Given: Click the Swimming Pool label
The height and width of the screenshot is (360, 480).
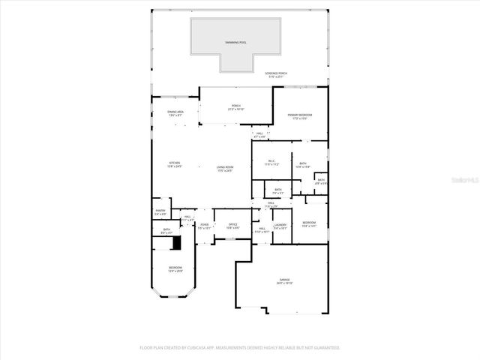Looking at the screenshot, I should [x=235, y=43].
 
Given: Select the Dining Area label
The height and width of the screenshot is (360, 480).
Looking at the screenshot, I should [x=175, y=113].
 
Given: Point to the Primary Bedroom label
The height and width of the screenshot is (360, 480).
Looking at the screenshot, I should [x=299, y=116].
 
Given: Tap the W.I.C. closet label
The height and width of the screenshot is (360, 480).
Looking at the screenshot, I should [x=271, y=162].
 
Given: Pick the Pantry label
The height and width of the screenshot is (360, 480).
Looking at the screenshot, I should [x=160, y=212].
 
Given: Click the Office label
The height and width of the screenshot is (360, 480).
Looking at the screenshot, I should [x=232, y=226].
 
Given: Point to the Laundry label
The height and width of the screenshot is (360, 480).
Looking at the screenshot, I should [x=280, y=226].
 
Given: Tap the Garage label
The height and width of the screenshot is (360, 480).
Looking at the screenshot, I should [x=283, y=283].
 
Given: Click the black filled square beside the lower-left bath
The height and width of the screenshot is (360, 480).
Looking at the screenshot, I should [x=176, y=242].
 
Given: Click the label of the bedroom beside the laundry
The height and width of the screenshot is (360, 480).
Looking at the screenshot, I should [x=309, y=224].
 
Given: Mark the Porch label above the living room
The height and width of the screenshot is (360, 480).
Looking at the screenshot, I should [x=235, y=107].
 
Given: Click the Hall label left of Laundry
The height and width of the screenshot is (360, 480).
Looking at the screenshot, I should [x=261, y=230].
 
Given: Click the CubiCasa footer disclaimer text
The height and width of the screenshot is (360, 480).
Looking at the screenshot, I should [x=240, y=348].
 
